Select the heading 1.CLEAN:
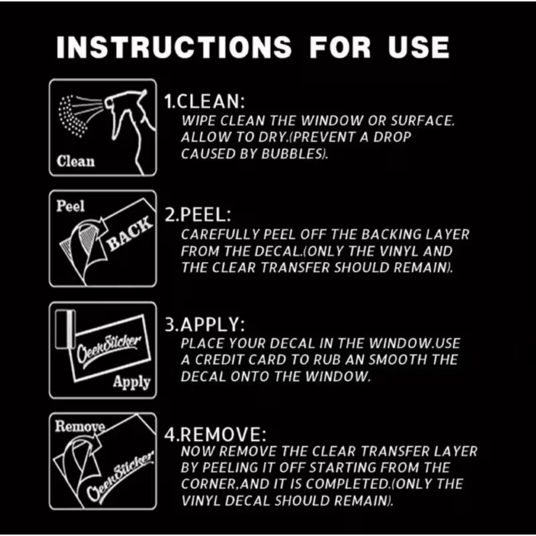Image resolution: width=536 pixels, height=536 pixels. click(x=205, y=101)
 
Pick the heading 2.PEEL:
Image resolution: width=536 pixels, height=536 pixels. click(x=198, y=215)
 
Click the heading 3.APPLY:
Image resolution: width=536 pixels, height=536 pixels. click(x=205, y=325)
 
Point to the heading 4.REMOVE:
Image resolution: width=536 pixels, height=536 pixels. click(x=215, y=435)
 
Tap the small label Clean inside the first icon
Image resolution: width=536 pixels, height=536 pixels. click(x=76, y=161)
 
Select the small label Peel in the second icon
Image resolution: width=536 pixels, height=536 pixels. click(x=70, y=206)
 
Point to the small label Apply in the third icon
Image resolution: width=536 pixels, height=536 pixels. click(x=132, y=382)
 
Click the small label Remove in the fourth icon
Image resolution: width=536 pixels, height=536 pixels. click(x=80, y=427)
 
